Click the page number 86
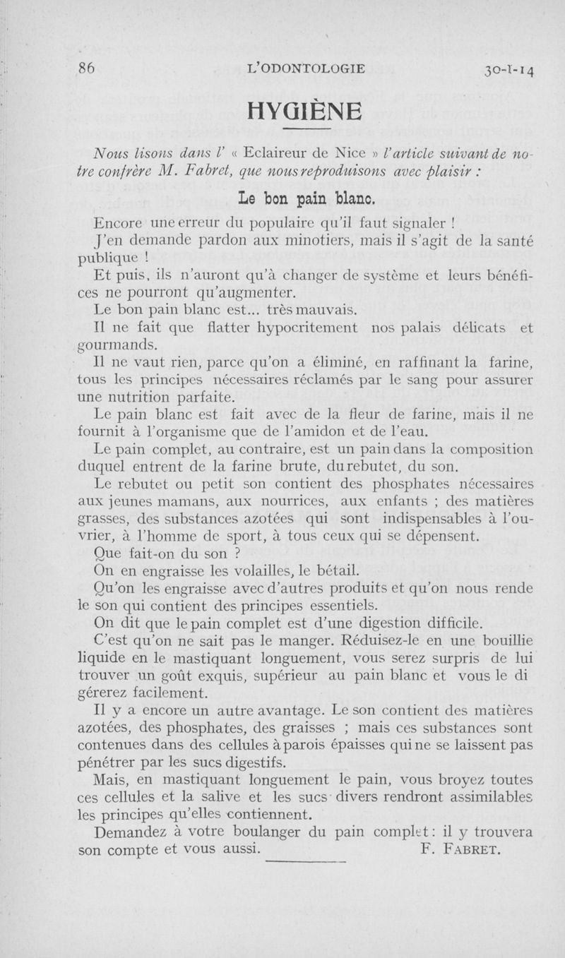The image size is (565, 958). pyautogui.click(x=88, y=68)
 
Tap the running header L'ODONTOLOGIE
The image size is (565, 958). pyautogui.click(x=307, y=68)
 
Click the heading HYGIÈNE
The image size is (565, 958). pyautogui.click(x=306, y=111)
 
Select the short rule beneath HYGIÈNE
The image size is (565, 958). pyautogui.click(x=307, y=131)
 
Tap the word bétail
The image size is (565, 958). pyautogui.click(x=341, y=570)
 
